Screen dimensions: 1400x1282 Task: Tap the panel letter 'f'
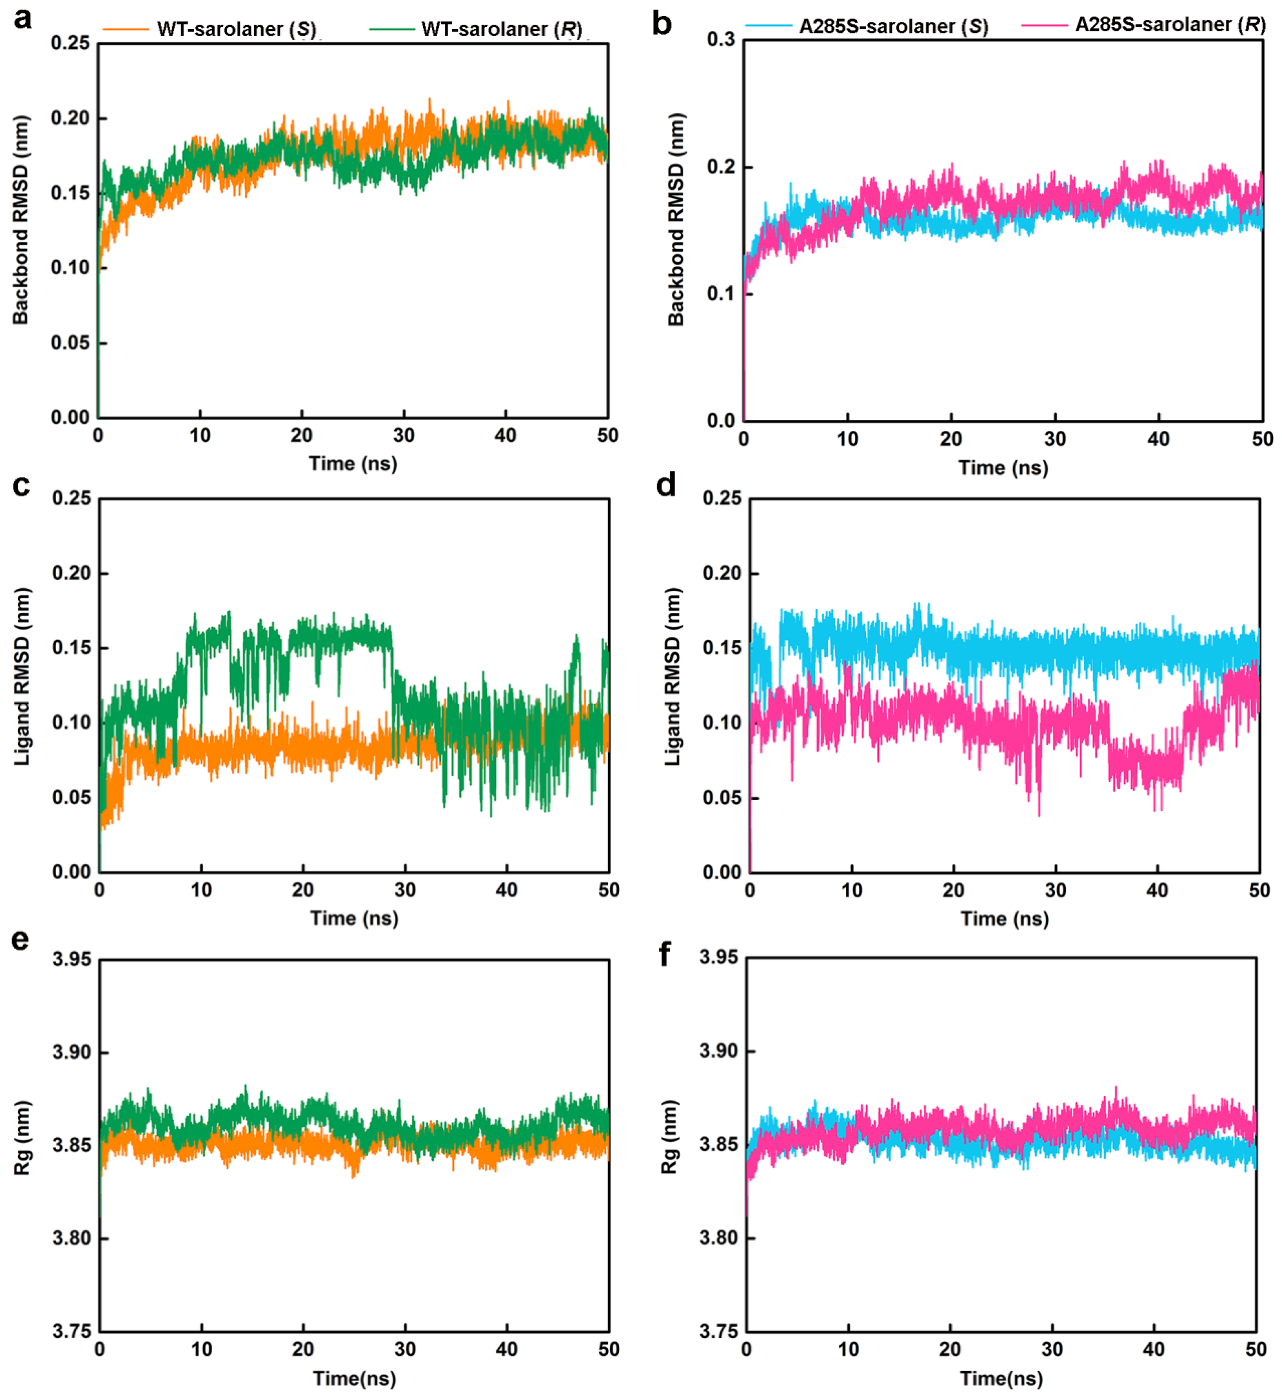pos(664,954)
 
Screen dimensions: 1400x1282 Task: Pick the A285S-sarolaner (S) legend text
pos(893,26)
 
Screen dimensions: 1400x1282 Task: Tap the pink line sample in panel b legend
pos(1044,25)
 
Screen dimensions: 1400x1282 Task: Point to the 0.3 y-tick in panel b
pos(721,40)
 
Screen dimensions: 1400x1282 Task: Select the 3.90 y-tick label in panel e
pos(72,1052)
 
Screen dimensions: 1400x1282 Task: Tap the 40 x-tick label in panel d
pos(1157,890)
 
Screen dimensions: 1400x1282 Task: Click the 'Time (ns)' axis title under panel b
pos(1003,468)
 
